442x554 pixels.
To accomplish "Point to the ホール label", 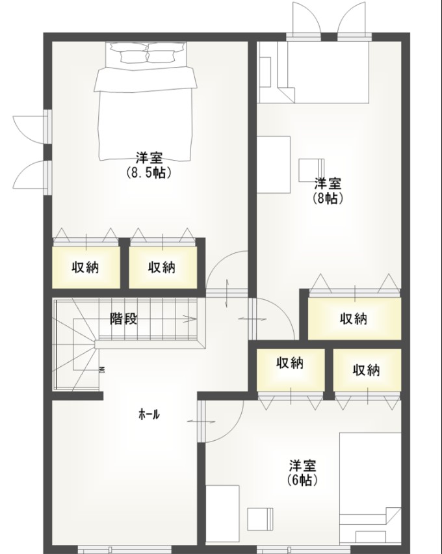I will (149, 414).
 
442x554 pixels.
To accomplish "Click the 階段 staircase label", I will (123, 319).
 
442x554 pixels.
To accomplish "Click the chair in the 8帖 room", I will (311, 170).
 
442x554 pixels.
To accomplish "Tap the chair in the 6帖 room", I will (262, 519).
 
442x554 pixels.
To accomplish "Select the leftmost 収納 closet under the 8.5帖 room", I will (85, 267).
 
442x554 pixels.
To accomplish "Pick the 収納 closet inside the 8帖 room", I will (354, 319).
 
